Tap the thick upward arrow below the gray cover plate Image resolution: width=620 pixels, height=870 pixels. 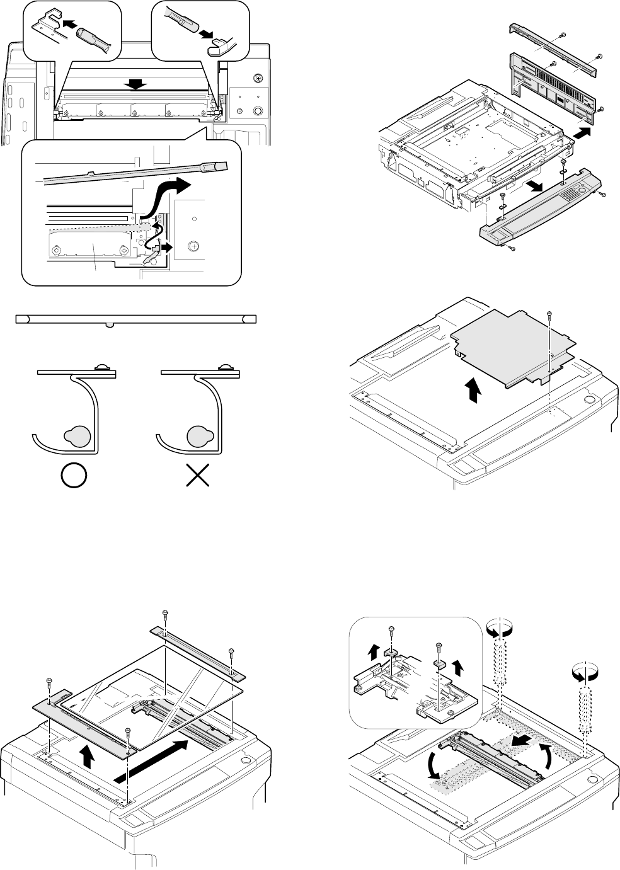474,392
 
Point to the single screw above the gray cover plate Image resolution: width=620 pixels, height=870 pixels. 550,314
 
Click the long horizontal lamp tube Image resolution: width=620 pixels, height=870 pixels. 135,319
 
